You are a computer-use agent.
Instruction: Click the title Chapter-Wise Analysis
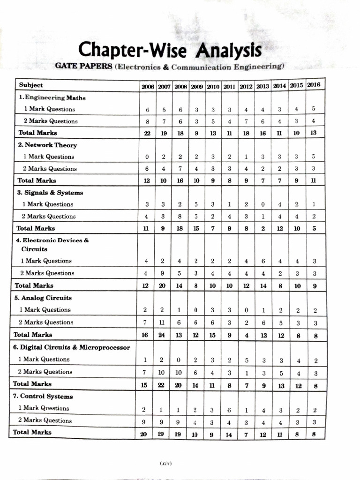(170, 48)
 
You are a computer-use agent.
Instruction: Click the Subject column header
(31, 85)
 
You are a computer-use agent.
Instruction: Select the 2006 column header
(147, 87)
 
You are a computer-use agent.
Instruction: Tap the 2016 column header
(314, 85)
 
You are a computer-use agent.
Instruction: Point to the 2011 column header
(229, 87)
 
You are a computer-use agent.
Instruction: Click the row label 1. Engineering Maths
(52, 98)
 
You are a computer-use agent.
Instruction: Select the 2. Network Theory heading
(47, 145)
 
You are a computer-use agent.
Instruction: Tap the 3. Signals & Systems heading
(50, 193)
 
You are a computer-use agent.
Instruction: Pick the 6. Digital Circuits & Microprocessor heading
(72, 347)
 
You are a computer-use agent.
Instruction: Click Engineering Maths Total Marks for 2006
(147, 133)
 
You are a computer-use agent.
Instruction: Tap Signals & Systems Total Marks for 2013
(262, 228)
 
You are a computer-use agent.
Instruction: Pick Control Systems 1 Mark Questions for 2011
(229, 410)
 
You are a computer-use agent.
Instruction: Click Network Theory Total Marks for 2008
(180, 180)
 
